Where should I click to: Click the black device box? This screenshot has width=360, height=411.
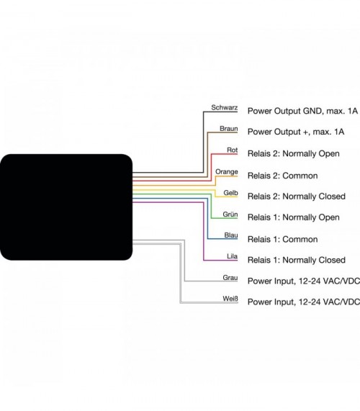66,207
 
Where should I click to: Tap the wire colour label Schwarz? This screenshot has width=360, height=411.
225,107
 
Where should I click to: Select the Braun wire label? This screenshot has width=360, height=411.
229,129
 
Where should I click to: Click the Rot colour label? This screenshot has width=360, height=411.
233,150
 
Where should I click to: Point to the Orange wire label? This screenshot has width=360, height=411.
227,172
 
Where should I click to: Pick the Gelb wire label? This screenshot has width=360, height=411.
230,193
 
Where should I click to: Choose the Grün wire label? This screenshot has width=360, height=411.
230,214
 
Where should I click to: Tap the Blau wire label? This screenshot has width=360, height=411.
231,235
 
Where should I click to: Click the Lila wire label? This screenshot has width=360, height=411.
233,256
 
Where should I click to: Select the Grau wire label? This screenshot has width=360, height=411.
230,278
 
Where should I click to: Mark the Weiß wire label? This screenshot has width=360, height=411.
230,299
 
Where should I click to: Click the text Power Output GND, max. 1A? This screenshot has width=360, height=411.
302,111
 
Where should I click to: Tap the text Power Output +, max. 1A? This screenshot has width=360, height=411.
296,132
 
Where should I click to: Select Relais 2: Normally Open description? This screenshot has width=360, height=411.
294,153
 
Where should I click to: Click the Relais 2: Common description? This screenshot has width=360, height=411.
283,176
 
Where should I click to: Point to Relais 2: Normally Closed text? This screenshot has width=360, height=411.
297,197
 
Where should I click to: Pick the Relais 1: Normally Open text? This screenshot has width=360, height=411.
294,217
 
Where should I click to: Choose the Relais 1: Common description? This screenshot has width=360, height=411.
283,239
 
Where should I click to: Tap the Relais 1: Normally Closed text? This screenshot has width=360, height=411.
297,260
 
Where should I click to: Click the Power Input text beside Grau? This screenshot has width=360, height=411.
304,281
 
